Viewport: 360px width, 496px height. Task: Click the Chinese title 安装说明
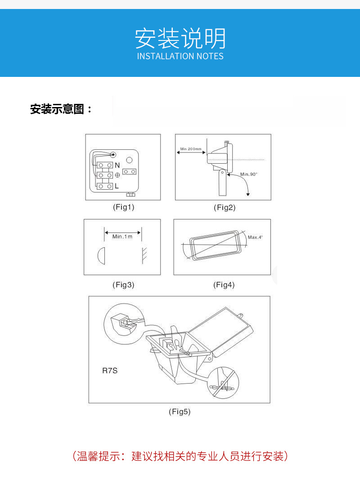pos(180,38)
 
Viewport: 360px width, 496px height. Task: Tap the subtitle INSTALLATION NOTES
pos(180,57)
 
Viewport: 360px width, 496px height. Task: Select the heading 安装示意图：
pos(61,109)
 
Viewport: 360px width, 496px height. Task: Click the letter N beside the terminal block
pos(117,165)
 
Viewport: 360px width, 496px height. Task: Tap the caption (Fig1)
pos(123,207)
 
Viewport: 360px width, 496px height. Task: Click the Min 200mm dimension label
pos(191,149)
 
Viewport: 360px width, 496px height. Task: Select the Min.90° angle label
pos(249,174)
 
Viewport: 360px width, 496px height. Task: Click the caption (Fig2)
pos(224,207)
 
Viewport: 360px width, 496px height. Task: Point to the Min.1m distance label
pos(122,237)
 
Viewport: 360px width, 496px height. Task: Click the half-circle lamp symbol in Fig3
pos(101,255)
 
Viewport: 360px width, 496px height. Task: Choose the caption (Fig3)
pos(123,285)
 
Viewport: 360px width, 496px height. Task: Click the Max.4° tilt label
pos(255,237)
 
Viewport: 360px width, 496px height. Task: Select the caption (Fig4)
pos(224,285)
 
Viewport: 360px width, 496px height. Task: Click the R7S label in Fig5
pos(110,371)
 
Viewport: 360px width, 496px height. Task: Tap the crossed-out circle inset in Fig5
pos(224,382)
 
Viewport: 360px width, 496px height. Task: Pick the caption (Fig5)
pos(180,411)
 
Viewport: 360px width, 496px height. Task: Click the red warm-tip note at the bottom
pos(180,456)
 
